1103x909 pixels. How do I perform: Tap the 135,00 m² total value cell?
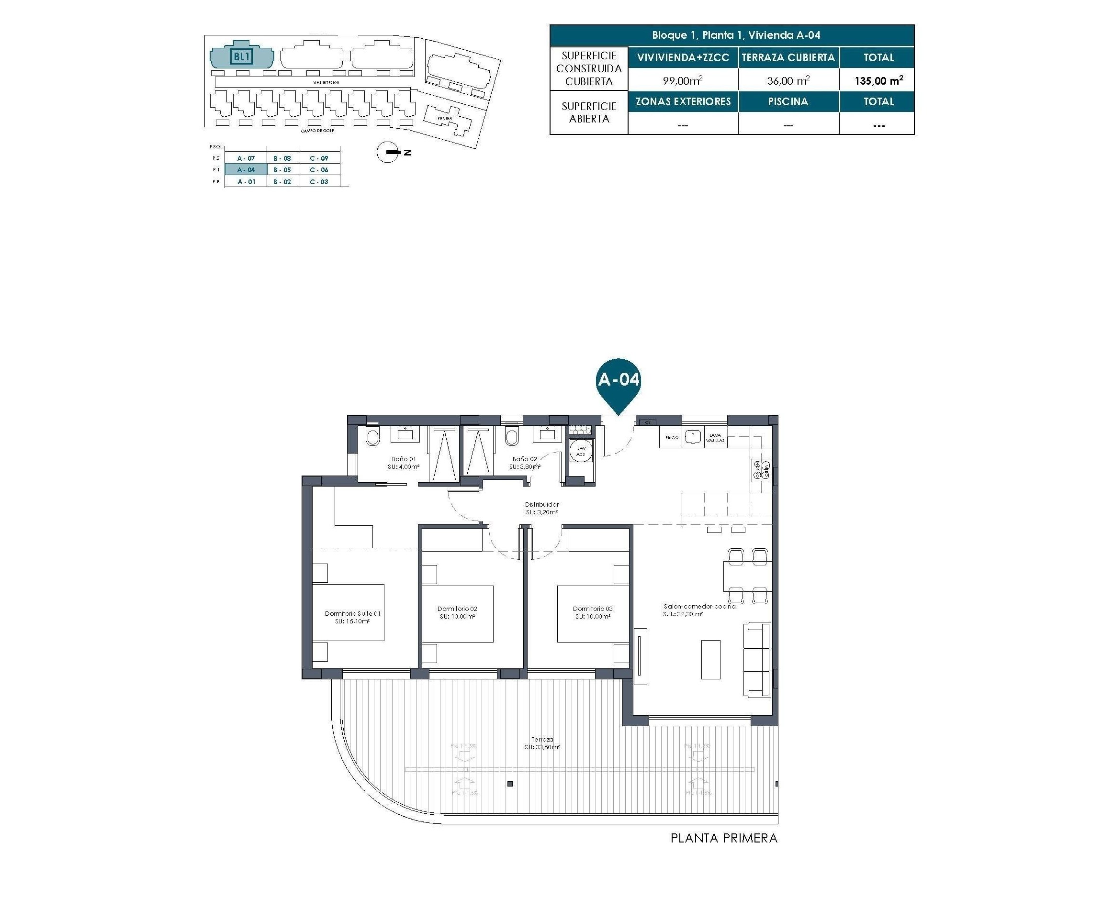click(x=878, y=81)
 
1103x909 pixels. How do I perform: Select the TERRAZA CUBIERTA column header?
click(x=788, y=57)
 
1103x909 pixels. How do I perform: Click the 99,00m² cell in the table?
click(x=682, y=81)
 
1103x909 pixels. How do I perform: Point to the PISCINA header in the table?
click(x=788, y=101)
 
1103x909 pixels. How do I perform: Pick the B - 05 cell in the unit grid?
click(x=282, y=170)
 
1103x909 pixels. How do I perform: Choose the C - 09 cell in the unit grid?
click(x=318, y=158)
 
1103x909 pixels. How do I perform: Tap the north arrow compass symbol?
click(x=388, y=152)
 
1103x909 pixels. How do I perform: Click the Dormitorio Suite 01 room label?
click(x=352, y=617)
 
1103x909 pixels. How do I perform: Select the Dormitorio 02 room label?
click(x=457, y=612)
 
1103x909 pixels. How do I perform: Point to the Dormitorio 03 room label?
click(x=592, y=612)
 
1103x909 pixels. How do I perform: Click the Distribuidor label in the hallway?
click(x=541, y=508)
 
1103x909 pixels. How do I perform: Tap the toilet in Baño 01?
click(x=372, y=437)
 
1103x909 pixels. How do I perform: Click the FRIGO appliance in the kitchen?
click(x=671, y=438)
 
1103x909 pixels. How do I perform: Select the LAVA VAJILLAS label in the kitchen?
click(x=715, y=438)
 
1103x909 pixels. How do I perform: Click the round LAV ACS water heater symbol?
click(x=581, y=451)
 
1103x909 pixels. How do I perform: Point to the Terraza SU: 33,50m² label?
click(x=542, y=743)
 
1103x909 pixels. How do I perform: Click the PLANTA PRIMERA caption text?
click(x=724, y=838)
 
